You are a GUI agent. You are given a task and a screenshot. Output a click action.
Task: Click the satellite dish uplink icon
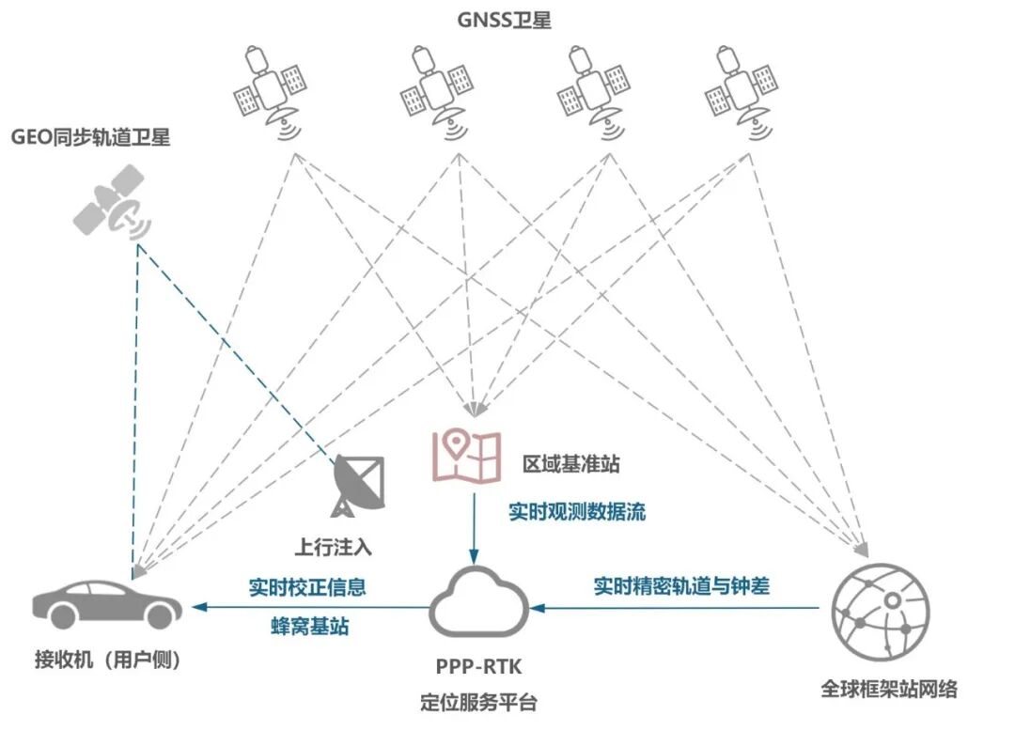(x=356, y=485)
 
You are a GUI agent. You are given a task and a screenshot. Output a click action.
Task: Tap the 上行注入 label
(x=340, y=545)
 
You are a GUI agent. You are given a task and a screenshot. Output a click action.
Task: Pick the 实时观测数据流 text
(x=577, y=512)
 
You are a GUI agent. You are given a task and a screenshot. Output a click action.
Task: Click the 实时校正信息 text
(x=307, y=588)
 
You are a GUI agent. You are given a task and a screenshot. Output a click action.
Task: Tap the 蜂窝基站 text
(x=303, y=626)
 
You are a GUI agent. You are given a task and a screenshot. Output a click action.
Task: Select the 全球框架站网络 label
(x=889, y=689)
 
